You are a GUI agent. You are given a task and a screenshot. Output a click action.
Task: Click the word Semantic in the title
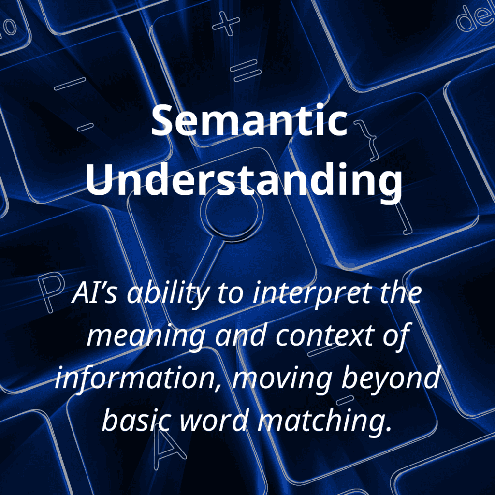(x=249, y=121)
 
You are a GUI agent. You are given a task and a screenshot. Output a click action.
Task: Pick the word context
(x=325, y=335)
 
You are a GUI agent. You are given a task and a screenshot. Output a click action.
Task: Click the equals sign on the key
(x=245, y=71)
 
